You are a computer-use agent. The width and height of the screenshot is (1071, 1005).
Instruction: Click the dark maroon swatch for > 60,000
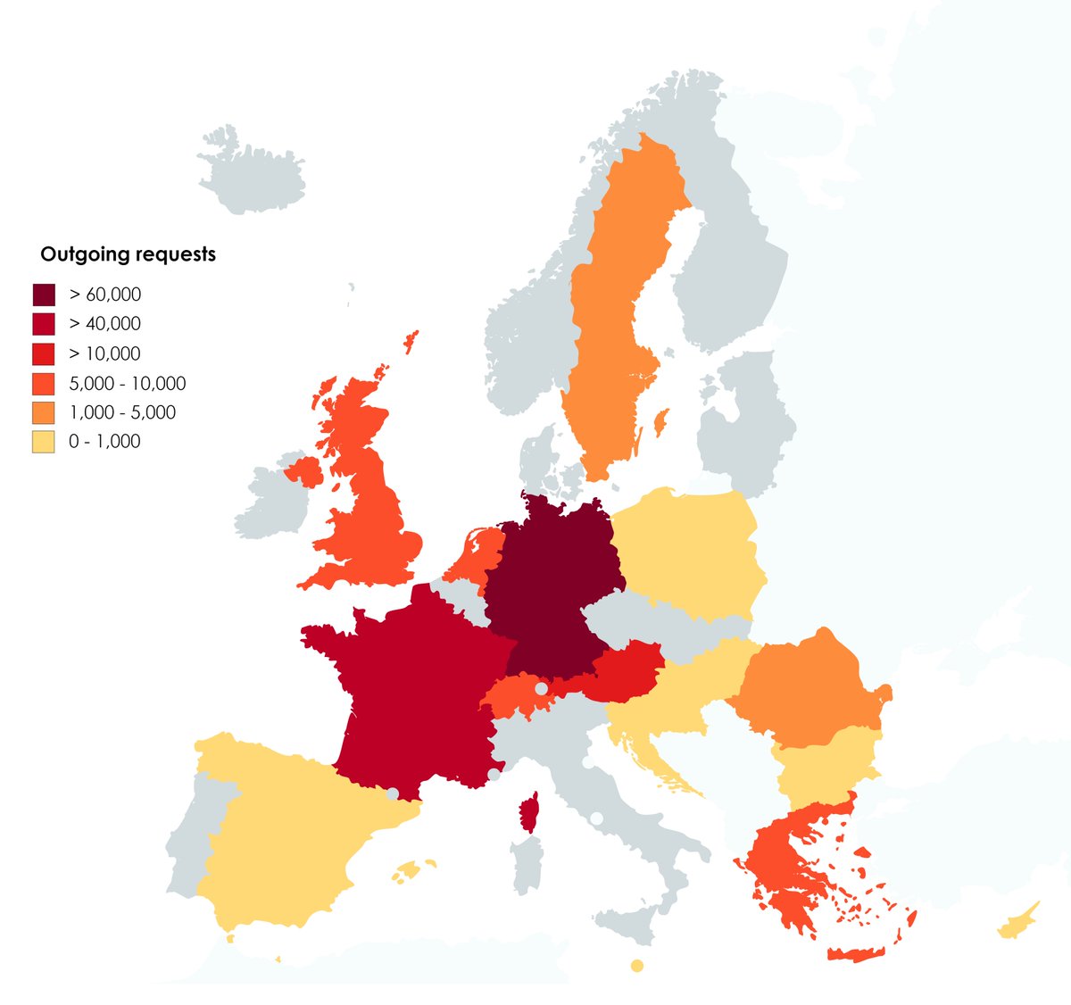44,295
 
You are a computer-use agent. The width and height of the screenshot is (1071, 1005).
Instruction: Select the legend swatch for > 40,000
44,324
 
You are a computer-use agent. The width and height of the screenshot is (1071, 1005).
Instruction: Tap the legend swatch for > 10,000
44,353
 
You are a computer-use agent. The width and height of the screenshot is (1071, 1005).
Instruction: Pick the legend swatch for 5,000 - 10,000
44,383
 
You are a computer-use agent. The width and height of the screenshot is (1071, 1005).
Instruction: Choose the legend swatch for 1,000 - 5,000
44,412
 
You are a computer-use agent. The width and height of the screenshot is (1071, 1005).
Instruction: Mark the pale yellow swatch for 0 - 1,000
44,441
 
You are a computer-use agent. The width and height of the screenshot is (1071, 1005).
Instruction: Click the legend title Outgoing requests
128,254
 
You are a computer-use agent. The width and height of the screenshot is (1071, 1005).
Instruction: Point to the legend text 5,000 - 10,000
127,384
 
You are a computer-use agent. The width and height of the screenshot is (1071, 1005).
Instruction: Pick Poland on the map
687,553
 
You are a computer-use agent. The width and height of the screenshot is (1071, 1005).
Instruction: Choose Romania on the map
803,687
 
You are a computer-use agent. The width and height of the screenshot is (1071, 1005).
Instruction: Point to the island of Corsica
530,812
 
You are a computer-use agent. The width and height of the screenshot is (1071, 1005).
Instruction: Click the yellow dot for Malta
636,965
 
